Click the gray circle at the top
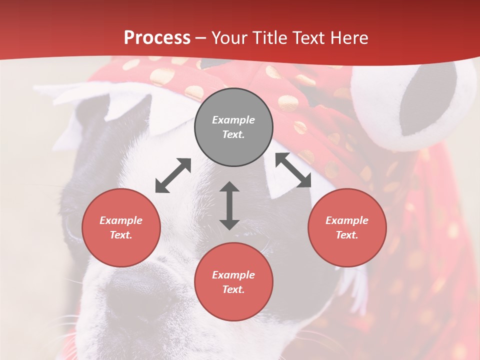(233, 127)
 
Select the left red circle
(121, 227)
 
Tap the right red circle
(347, 227)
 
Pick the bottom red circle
(233, 282)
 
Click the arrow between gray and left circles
(173, 175)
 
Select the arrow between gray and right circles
(293, 170)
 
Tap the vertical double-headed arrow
(229, 205)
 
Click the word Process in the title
(157, 38)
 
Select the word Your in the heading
(229, 38)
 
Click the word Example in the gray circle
(233, 120)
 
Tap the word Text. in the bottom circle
(233, 289)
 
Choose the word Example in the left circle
(121, 220)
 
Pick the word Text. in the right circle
(347, 235)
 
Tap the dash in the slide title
(201, 38)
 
